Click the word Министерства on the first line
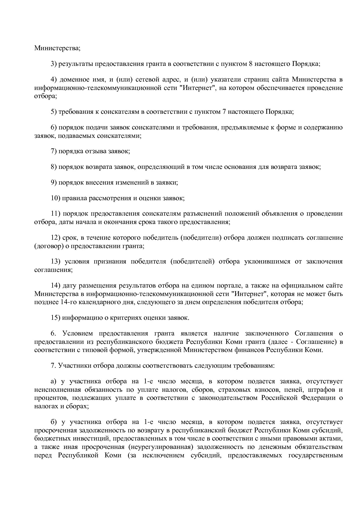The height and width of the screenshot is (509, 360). point(57,48)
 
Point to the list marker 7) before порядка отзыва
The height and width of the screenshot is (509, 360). point(54,151)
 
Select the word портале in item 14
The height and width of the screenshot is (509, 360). point(227,286)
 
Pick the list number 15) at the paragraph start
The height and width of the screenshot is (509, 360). point(55,317)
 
